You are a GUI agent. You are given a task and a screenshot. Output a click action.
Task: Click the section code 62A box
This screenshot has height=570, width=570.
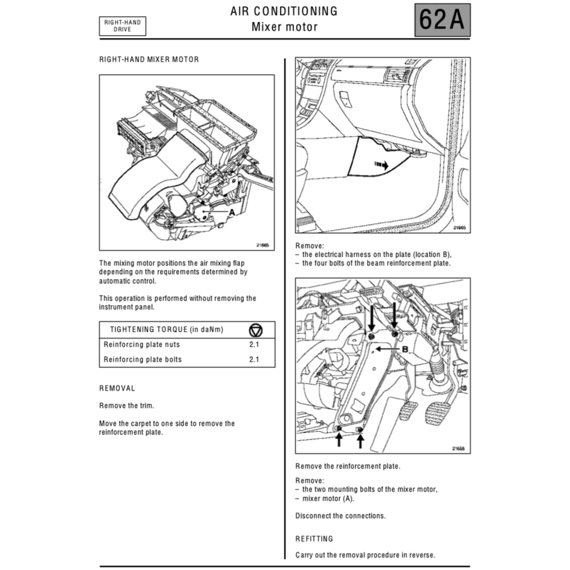(x=442, y=20)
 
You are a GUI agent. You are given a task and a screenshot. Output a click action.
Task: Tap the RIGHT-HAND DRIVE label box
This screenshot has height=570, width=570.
(x=122, y=26)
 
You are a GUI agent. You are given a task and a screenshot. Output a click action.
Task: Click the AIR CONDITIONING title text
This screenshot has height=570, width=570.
(x=284, y=12)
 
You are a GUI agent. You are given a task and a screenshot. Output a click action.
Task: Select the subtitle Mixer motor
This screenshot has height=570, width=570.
(x=284, y=27)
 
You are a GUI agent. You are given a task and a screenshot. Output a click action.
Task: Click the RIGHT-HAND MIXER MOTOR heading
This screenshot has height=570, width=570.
(x=149, y=59)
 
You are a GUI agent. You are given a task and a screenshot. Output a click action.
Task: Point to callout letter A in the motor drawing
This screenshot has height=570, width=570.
(x=231, y=212)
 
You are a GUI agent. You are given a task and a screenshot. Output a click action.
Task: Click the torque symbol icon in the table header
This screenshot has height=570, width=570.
(x=256, y=330)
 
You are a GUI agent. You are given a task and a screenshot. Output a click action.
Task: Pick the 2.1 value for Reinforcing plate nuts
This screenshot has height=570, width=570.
(x=254, y=344)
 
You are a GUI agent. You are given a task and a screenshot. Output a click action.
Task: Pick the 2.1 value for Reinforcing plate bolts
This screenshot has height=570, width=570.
(x=254, y=359)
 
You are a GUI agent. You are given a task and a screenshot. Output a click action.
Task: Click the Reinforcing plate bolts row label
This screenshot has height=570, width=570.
(x=142, y=359)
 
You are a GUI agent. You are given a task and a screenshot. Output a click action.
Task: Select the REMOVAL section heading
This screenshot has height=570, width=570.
(x=117, y=388)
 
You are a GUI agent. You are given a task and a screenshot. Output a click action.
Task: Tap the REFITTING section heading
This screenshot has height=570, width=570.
(x=314, y=539)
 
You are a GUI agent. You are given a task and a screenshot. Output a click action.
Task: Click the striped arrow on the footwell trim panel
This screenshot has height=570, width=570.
(x=381, y=165)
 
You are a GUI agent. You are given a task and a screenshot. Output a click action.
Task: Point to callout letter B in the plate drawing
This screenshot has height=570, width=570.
(x=405, y=349)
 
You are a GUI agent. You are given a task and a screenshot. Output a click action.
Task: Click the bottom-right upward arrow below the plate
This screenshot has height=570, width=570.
(x=361, y=441)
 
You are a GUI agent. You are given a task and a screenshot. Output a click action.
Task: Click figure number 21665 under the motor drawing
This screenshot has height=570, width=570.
(x=262, y=245)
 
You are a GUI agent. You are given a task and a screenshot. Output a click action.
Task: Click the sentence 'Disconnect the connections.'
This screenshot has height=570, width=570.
(x=340, y=516)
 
